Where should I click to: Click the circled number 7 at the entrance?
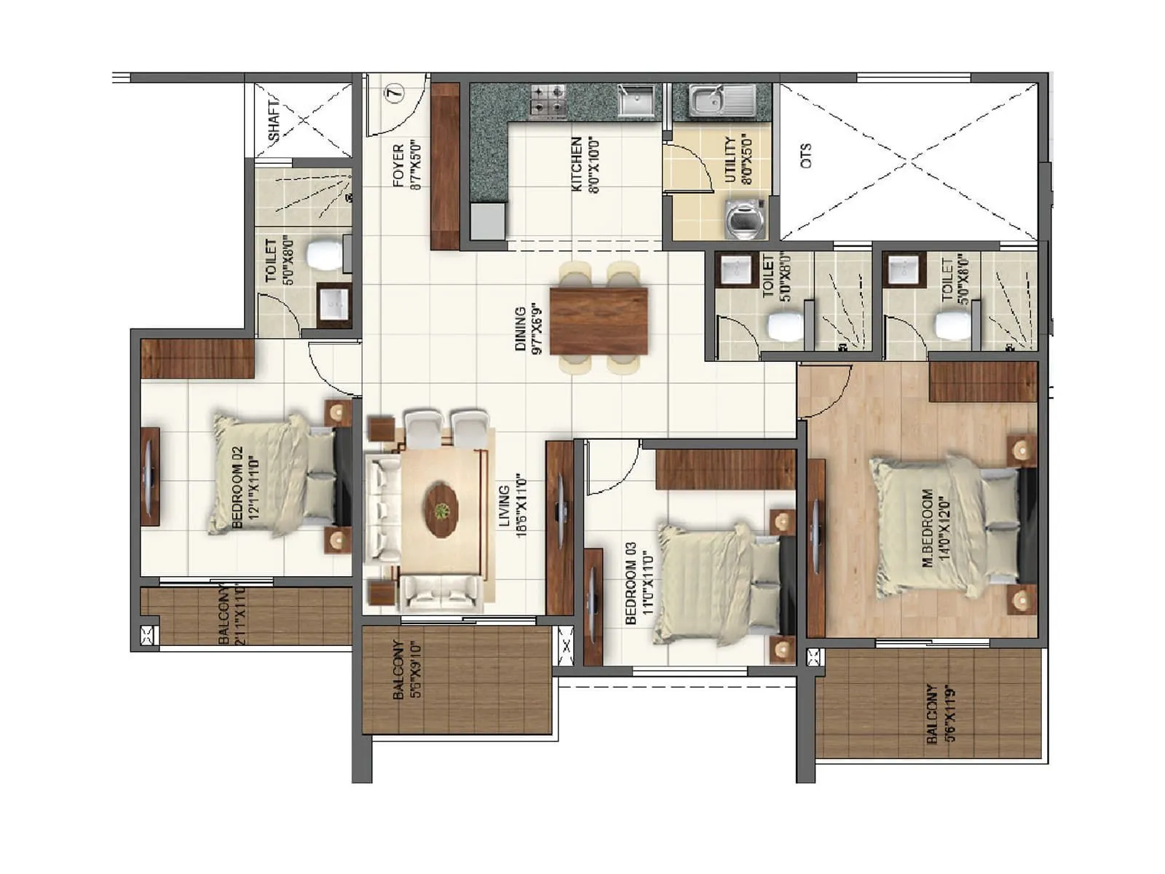[394, 93]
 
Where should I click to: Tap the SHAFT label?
[274, 122]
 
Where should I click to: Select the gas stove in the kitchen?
[548, 101]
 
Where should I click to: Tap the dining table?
[599, 321]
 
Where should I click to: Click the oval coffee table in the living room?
[441, 511]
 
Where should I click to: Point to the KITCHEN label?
[577, 165]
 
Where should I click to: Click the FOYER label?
[398, 166]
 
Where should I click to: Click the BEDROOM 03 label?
[631, 583]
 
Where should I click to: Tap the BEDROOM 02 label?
[236, 488]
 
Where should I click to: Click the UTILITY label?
[730, 160]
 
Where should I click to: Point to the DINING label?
[521, 329]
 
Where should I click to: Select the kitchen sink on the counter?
[636, 101]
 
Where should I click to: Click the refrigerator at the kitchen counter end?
[487, 221]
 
